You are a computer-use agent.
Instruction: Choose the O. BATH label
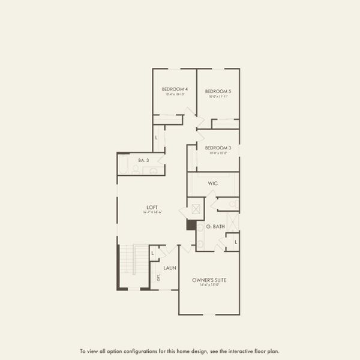214,227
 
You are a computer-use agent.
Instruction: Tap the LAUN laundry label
169,268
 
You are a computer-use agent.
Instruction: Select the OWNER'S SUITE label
209,280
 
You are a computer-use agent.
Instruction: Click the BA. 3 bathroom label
143,160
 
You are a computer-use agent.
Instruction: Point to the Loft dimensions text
152,212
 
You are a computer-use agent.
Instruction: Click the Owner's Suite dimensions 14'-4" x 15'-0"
209,285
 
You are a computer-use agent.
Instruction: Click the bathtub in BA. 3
124,164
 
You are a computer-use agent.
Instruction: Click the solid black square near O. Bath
191,225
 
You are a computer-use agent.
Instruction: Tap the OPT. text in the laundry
158,278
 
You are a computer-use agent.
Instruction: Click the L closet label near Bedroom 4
156,138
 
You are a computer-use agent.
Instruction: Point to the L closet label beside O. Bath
236,242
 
